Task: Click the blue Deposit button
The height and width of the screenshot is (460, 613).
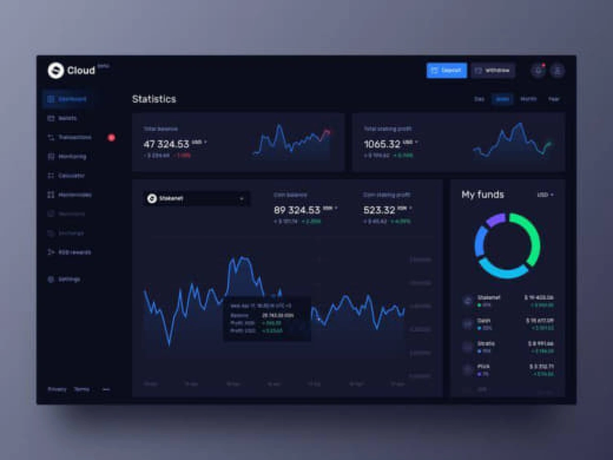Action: click(446, 71)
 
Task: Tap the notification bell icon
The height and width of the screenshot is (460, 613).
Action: click(537, 71)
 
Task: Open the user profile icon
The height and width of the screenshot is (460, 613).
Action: click(557, 71)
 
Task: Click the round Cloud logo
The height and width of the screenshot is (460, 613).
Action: click(56, 71)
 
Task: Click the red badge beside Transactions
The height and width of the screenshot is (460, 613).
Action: click(111, 137)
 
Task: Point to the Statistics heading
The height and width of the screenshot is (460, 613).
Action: click(154, 99)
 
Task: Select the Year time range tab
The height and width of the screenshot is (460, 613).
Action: click(554, 99)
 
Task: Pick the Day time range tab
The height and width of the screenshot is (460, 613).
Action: click(479, 99)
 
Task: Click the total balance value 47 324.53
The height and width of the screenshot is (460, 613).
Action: click(167, 144)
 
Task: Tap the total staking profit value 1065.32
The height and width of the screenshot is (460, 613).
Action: click(382, 144)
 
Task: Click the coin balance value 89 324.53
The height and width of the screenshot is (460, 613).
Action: click(297, 210)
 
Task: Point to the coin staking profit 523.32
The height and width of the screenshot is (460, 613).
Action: click(379, 210)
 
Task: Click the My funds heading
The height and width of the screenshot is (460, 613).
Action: click(483, 195)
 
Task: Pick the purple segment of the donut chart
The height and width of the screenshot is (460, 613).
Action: click(494, 220)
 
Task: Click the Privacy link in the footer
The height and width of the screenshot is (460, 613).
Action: click(57, 389)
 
